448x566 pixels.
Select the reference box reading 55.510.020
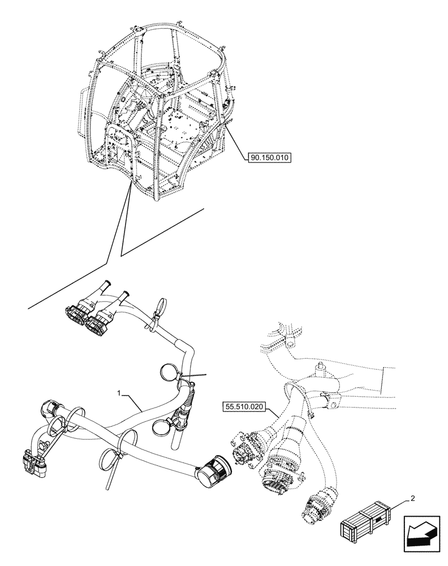[x=242, y=406]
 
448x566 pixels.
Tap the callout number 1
[x=119, y=392]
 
